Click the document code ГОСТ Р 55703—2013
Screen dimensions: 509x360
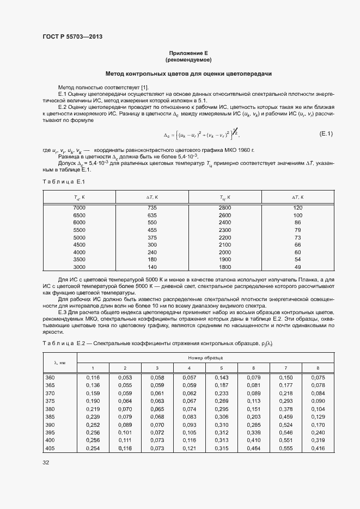72,36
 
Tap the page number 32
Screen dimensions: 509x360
46,463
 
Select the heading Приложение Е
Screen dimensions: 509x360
188,52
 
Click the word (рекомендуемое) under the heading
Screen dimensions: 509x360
188,59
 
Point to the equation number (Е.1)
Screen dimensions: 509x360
326,133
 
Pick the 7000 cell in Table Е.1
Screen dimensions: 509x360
79,208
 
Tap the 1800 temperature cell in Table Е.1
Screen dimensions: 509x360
225,267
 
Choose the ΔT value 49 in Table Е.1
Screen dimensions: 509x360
297,267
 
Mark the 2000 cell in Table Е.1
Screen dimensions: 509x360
225,252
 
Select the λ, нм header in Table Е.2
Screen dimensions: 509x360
60,363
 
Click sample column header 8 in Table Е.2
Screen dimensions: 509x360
318,369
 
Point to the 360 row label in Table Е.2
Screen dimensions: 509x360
50,377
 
